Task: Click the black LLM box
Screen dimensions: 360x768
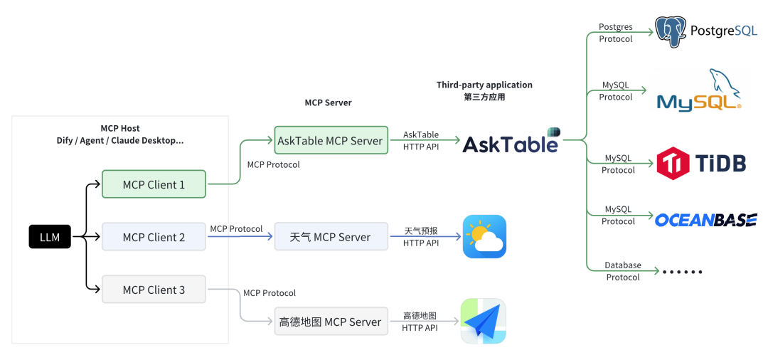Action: (x=50, y=237)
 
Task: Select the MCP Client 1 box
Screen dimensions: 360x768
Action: (x=154, y=184)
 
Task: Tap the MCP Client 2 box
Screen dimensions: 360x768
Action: (x=154, y=237)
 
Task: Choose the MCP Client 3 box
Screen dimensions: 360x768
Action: (x=154, y=290)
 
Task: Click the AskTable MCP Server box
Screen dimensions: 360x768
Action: (x=330, y=141)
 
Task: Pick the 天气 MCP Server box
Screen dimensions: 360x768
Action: (x=331, y=237)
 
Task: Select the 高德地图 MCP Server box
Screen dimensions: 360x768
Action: (x=331, y=322)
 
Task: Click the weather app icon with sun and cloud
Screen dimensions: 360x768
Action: (x=484, y=236)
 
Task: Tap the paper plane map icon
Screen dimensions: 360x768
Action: (x=484, y=322)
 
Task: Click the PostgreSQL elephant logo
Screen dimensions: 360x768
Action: (x=669, y=32)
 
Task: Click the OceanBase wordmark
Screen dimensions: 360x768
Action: (x=705, y=220)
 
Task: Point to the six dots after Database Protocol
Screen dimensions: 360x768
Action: (x=682, y=272)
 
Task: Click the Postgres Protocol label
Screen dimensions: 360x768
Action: (x=616, y=33)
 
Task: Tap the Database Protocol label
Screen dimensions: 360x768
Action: (x=623, y=271)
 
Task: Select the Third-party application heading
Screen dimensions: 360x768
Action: (x=484, y=85)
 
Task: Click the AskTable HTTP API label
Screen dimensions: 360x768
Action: (x=421, y=140)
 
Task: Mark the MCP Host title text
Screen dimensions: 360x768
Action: (x=120, y=129)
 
